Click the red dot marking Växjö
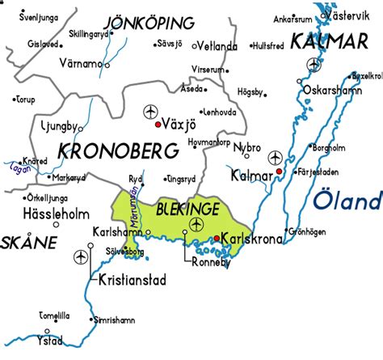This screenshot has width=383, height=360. pos(158,125)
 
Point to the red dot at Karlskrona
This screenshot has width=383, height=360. pos(217,237)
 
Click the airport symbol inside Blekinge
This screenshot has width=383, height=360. pos(196,223)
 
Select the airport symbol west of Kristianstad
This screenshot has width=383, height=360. pos(80,257)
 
